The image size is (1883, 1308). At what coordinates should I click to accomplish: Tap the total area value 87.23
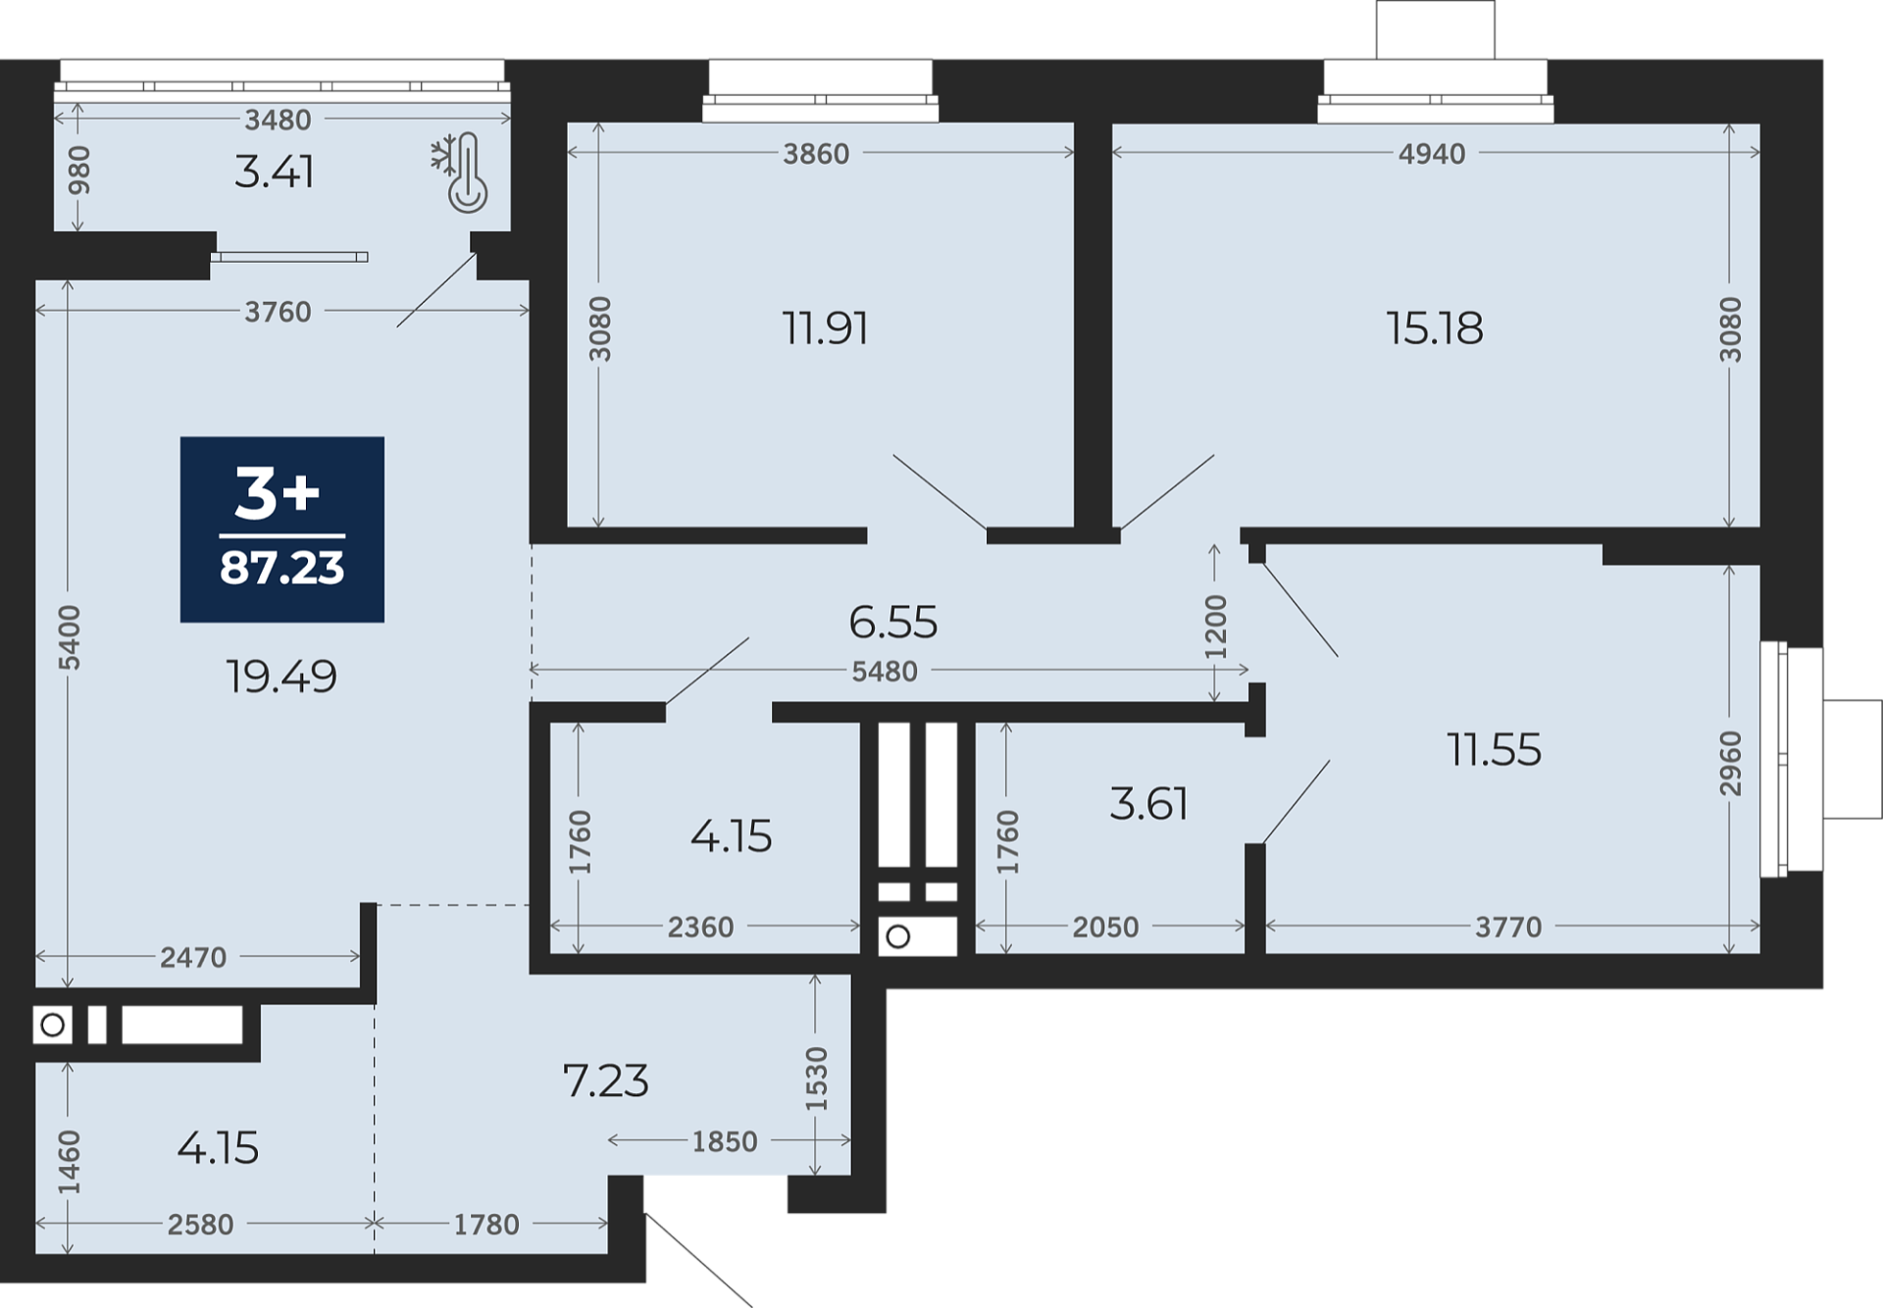coord(282,568)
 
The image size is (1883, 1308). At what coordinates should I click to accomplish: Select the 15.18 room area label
coord(1434,327)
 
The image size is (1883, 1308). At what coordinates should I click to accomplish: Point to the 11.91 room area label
coord(825,327)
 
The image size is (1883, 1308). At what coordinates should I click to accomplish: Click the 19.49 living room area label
coord(281,676)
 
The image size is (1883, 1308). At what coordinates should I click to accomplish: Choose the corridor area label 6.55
coord(892,622)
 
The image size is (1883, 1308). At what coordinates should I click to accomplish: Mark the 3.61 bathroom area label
coord(1148,804)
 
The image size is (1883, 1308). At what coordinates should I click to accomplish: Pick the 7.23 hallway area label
coord(605,1081)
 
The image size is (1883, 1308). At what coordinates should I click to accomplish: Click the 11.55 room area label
coord(1494,750)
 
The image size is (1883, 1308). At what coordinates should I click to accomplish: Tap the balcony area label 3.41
coord(274,172)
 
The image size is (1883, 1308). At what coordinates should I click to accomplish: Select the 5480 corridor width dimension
coord(885,672)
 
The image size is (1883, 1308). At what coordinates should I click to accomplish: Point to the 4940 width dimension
coord(1432,153)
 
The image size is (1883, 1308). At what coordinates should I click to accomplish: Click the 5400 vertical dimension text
coord(69,638)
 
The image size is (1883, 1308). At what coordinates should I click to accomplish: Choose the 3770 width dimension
coord(1508,927)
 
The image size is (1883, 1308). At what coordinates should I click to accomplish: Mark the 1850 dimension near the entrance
coord(725,1141)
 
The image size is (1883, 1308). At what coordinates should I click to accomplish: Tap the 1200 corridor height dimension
coord(1215,627)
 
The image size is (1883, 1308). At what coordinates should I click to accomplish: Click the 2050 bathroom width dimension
coord(1105,927)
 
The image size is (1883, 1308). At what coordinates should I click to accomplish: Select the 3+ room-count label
coord(278,493)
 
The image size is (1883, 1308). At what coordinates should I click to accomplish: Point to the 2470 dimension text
coord(193,957)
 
